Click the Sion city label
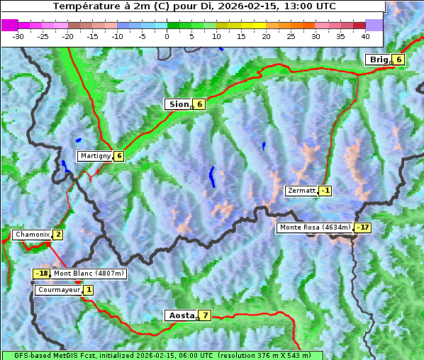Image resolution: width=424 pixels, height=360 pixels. tap(178, 104)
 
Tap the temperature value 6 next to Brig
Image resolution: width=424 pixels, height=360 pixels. tap(399, 60)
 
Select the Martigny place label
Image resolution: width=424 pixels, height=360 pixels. tap(94, 156)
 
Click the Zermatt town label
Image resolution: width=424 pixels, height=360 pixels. tap(301, 191)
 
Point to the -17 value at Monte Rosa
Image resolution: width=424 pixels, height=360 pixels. tap(362, 227)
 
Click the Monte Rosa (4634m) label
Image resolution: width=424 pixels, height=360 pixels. tap(314, 227)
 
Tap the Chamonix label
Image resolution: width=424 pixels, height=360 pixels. tap(32, 235)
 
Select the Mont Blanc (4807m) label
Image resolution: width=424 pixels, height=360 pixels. tap(89, 274)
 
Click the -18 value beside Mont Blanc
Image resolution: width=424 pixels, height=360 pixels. tap(42, 274)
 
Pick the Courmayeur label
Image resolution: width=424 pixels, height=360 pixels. tap(59, 290)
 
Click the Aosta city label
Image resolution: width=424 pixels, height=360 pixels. tap(180, 315)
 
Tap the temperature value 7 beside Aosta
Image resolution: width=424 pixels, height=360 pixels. tap(205, 315)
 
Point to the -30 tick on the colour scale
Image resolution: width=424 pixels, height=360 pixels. tap(18, 35)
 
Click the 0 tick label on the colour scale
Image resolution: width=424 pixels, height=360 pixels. tap(167, 35)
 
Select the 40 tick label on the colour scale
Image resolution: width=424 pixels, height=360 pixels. tap(365, 35)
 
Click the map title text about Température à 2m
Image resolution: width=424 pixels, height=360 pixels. tap(194, 6)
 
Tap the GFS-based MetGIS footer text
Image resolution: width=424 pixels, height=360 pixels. tap(162, 355)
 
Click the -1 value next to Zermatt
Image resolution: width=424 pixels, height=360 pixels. tap(325, 191)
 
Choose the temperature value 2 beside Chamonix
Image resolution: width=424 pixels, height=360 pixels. tap(57, 235)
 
